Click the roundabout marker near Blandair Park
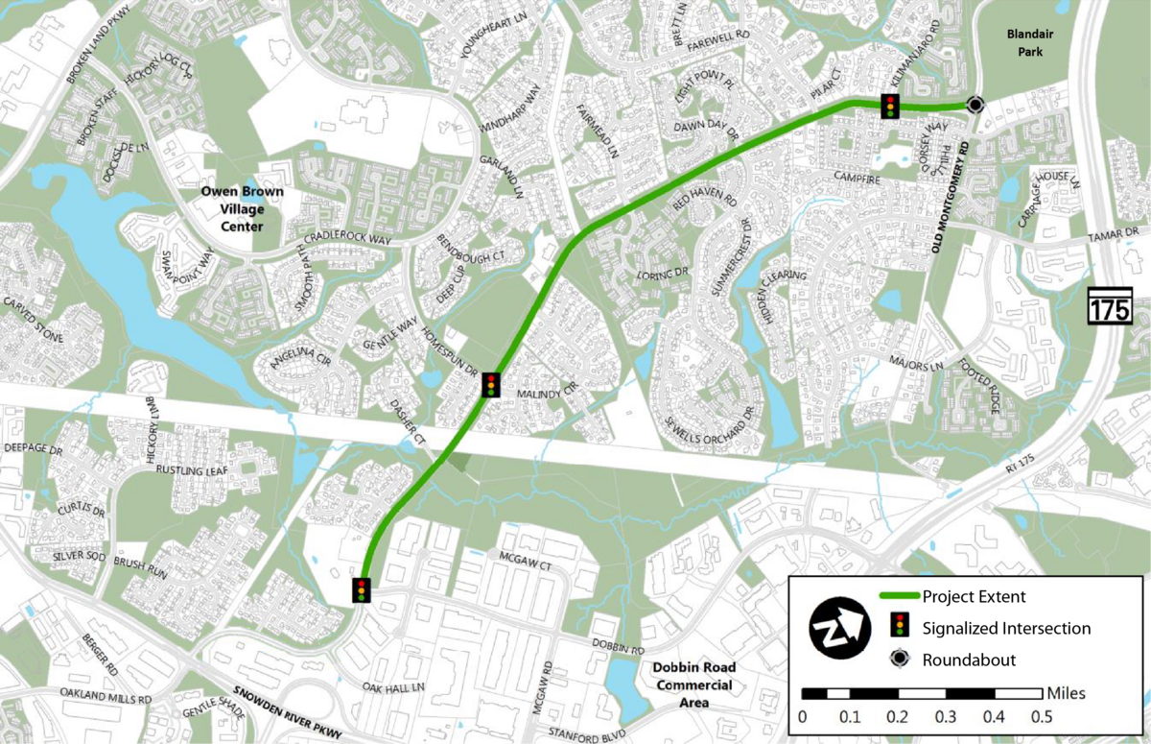click(975, 105)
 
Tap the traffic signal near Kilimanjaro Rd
click(890, 106)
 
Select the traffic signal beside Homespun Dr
click(492, 385)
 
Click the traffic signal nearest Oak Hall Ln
click(362, 589)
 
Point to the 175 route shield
click(1110, 308)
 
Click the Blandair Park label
click(1023, 43)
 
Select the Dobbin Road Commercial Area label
click(693, 684)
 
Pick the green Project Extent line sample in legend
click(899, 597)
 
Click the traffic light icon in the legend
click(899, 628)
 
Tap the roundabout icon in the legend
click(899, 660)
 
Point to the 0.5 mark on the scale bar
click(1041, 715)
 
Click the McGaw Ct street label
click(519, 559)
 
